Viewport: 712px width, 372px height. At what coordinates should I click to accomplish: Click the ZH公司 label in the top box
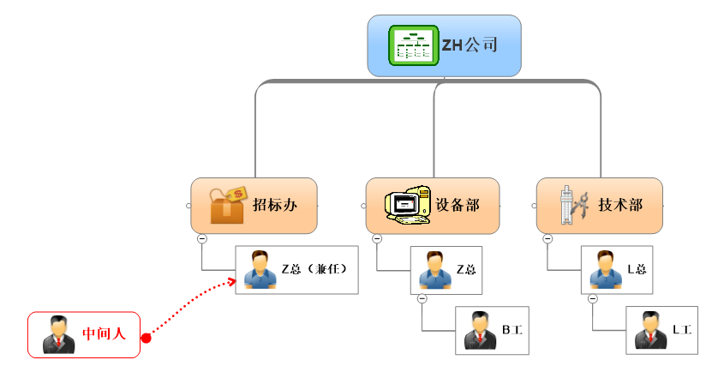click(470, 45)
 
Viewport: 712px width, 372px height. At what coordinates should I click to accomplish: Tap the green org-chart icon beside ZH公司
click(412, 45)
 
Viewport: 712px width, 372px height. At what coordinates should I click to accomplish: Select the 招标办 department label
click(274, 206)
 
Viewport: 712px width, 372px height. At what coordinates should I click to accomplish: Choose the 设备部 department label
click(457, 206)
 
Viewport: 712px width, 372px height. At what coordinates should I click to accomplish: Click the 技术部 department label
click(620, 206)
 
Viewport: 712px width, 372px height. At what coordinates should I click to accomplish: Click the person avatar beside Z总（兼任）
click(259, 269)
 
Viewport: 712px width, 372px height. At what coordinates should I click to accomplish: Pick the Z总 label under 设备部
click(466, 269)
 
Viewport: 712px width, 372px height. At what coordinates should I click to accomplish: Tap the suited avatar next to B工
click(480, 330)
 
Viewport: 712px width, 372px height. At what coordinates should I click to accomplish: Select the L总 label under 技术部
click(637, 269)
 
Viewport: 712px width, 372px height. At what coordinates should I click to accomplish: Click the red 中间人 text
click(104, 333)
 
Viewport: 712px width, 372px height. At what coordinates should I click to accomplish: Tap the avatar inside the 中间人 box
click(58, 334)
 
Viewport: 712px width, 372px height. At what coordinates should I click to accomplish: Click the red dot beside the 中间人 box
click(146, 338)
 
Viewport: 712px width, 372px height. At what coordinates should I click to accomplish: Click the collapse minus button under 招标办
click(201, 239)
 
